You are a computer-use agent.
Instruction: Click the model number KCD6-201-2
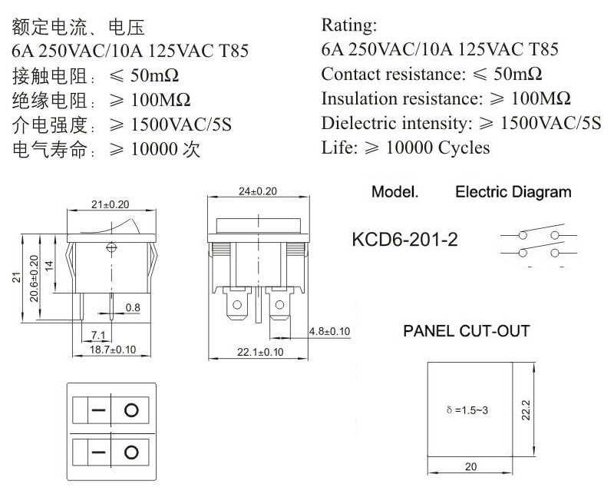coord(404,239)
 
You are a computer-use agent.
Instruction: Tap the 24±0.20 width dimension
coord(258,191)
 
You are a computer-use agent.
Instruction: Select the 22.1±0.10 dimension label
coord(260,352)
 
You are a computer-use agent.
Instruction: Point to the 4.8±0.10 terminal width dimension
coord(329,331)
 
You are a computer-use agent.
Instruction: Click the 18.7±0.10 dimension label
coord(113,350)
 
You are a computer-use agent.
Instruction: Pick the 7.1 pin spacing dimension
coord(98,335)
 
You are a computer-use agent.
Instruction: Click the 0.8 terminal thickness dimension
coord(133,307)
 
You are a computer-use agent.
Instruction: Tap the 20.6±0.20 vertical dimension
coord(35,278)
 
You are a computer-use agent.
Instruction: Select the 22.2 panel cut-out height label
coord(526,410)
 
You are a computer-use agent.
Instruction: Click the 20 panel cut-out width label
coord(470,466)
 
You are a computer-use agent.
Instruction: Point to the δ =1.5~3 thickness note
coord(467,410)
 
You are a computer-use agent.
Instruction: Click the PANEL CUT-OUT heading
coord(467,331)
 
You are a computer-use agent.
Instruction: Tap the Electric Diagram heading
coord(513,191)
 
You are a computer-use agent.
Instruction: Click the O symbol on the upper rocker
coord(131,410)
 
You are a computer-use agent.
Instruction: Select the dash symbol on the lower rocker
coord(98,453)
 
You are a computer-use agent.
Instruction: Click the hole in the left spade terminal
coord(237,304)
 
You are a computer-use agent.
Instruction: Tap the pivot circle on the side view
coord(111,247)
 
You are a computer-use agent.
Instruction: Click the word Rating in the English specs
coord(349,25)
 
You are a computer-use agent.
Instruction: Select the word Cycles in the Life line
coord(464,148)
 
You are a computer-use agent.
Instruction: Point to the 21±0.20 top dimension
coord(110,204)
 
